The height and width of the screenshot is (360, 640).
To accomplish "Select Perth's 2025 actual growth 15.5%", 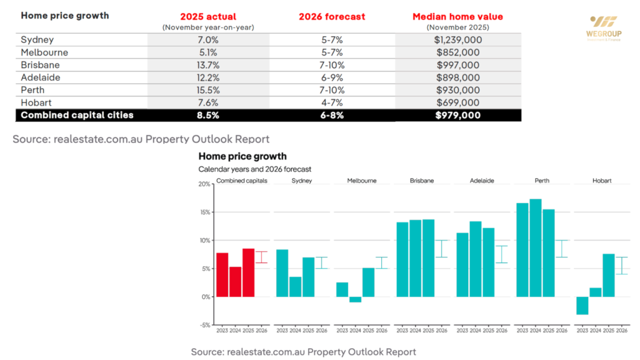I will click(x=209, y=90).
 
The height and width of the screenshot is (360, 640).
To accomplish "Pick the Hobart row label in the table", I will click(x=36, y=102).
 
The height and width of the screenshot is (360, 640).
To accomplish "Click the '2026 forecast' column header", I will click(x=332, y=16).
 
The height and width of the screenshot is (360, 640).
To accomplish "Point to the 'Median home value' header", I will click(x=459, y=16).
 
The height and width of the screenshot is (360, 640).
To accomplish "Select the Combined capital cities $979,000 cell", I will click(x=459, y=115).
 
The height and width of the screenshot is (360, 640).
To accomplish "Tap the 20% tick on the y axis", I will click(x=204, y=184).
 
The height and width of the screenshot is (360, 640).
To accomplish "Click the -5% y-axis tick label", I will click(x=204, y=325).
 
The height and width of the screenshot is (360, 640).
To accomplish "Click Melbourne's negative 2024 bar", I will click(x=356, y=299).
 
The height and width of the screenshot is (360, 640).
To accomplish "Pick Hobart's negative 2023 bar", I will click(x=582, y=306).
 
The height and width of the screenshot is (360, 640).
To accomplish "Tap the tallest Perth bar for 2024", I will click(x=536, y=247).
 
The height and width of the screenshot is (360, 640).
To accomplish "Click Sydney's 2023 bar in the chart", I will click(x=282, y=272).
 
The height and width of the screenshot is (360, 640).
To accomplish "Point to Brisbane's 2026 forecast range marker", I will click(x=442, y=248).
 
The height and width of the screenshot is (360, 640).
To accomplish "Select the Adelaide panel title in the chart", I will click(x=482, y=181).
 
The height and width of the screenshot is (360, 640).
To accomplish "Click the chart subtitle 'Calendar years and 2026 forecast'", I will click(x=254, y=169).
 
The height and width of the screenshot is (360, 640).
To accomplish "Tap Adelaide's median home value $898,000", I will click(x=459, y=77).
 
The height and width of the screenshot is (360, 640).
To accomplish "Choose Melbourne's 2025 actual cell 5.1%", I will click(x=209, y=52).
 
